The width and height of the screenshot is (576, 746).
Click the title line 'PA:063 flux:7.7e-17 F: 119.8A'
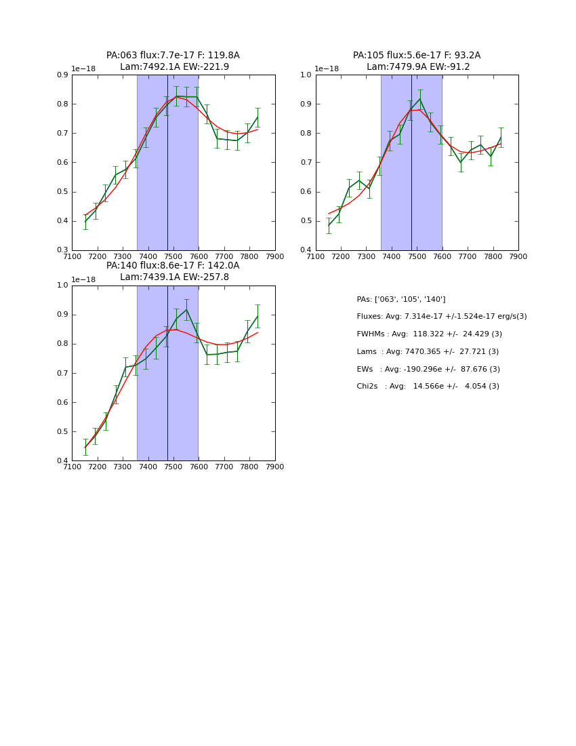(173, 56)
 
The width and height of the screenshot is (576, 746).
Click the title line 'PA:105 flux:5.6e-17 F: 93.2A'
(417, 56)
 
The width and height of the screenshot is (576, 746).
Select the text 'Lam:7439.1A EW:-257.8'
(174, 277)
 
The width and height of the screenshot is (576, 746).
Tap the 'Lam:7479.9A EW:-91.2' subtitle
(418, 67)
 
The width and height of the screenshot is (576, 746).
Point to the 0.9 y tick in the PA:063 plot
(62, 75)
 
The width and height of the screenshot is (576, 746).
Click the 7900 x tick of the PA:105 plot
(518, 256)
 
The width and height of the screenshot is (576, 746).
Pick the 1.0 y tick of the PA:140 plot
(62, 286)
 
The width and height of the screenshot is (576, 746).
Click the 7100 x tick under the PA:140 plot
(72, 467)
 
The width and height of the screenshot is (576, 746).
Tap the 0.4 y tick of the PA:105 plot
(306, 250)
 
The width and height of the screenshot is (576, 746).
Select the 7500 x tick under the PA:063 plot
(173, 256)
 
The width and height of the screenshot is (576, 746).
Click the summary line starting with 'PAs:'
(401, 299)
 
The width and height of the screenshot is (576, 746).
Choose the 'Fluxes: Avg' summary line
(442, 317)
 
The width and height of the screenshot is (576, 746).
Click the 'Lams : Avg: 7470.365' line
(428, 352)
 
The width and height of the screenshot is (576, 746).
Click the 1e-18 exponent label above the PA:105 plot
(327, 68)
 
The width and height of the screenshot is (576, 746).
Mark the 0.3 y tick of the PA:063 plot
(62, 250)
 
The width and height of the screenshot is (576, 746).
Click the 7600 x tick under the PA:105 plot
(442, 256)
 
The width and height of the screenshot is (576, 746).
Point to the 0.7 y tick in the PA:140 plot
(62, 373)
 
